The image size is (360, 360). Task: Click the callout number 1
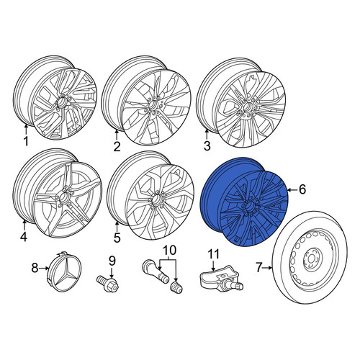26,141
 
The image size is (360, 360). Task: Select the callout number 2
117,146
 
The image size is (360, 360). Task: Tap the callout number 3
207,145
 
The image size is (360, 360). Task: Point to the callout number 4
24,237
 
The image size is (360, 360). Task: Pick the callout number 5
117,238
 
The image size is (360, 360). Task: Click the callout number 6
302,189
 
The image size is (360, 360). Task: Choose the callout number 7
258,267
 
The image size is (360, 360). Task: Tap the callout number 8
35,268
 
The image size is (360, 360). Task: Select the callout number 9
112,261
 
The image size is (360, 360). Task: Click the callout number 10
169,251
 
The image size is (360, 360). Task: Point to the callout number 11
213,254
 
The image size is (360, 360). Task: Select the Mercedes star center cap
66,271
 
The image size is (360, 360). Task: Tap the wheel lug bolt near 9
107,284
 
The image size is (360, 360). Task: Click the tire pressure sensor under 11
221,278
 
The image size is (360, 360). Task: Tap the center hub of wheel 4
64,197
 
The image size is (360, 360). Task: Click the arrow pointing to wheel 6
292,190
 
